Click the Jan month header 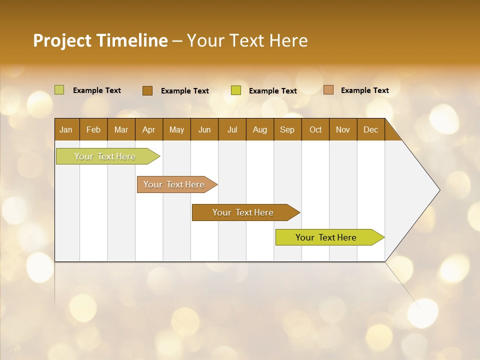66,129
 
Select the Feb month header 93,129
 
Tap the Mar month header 121,129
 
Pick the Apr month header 149,129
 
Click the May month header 176,129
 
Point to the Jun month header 204,129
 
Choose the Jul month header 232,129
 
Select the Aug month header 260,129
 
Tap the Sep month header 287,129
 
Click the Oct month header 315,129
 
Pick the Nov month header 343,129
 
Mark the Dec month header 370,129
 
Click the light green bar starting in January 105,156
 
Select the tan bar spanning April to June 174,184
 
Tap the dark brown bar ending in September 243,212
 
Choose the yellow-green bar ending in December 326,237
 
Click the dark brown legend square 147,90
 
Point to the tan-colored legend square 328,90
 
